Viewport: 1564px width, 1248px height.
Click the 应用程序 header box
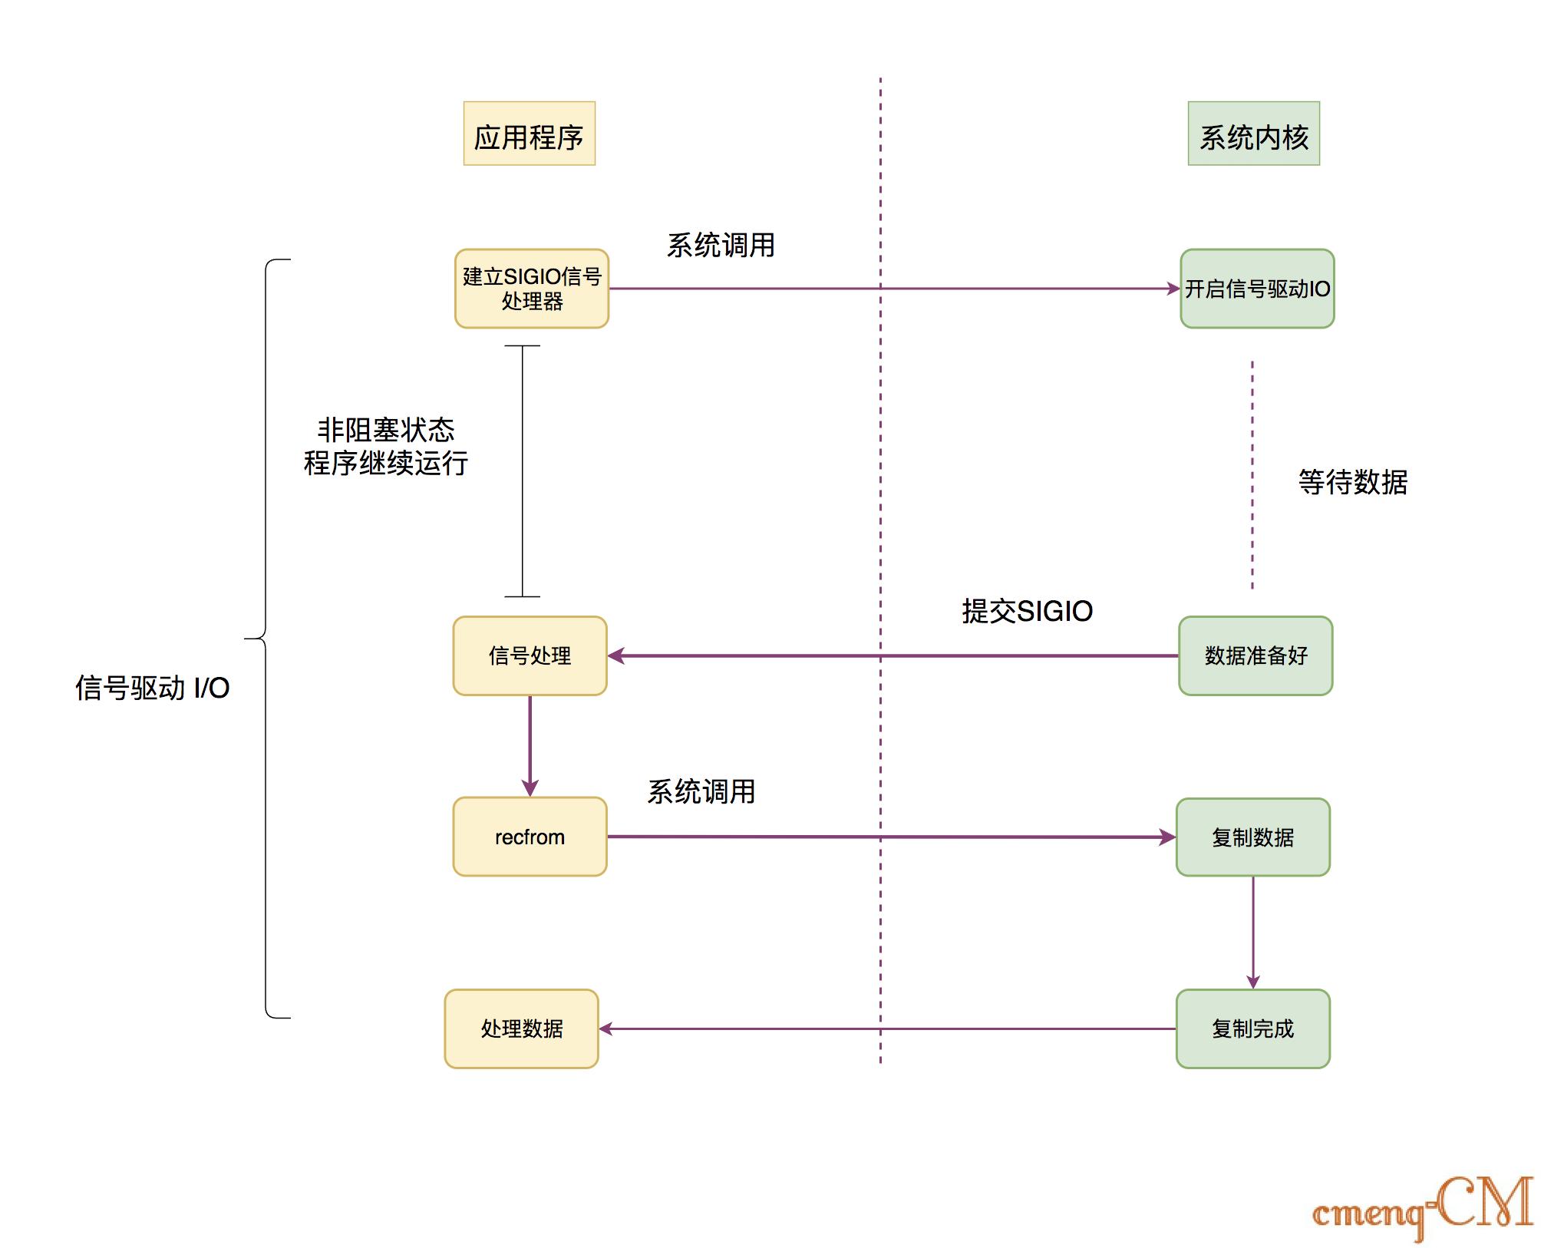[529, 134]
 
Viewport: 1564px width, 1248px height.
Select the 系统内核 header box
[1253, 134]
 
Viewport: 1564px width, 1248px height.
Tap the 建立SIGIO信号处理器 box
[531, 289]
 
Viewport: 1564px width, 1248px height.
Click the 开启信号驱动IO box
[1256, 289]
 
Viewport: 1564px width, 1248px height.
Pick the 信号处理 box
[530, 655]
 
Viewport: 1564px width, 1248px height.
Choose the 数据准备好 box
[1255, 655]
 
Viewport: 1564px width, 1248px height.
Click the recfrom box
[530, 837]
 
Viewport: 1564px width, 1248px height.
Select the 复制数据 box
[1252, 837]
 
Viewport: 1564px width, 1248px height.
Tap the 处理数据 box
[521, 1028]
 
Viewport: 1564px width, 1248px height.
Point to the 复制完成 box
[1252, 1028]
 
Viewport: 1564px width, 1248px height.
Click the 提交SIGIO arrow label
[1027, 611]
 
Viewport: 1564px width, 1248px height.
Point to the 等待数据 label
[1352, 482]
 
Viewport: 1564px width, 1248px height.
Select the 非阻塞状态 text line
[386, 430]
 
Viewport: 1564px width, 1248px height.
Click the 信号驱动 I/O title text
[152, 688]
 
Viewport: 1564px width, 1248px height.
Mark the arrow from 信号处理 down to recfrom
[530, 745]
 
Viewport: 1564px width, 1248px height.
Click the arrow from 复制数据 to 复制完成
[1252, 932]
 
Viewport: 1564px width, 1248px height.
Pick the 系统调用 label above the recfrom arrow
[701, 791]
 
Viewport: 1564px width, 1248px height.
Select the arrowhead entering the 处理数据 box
[605, 1028]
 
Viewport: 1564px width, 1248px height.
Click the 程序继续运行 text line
[386, 464]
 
